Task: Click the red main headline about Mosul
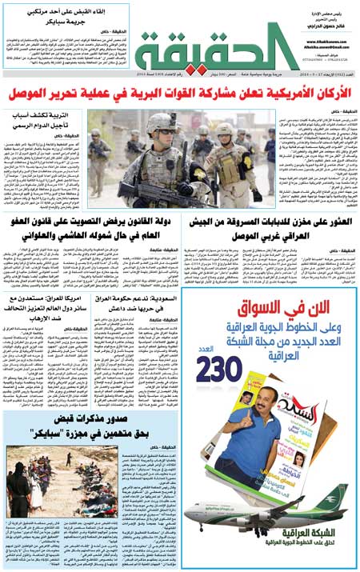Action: click(180, 96)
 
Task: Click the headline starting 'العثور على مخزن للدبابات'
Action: click(270, 229)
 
